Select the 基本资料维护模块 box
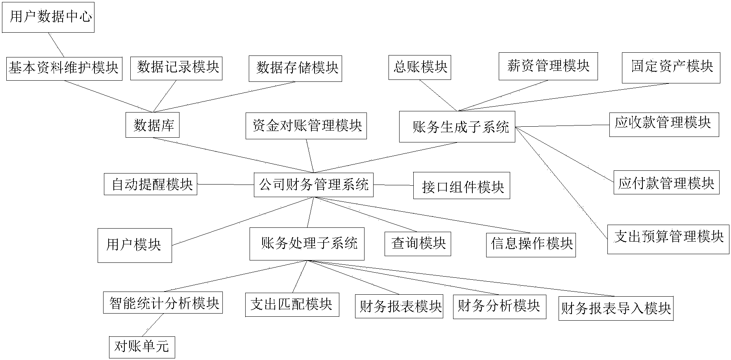[64, 68]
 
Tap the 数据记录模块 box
[176, 68]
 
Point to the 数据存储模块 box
[295, 68]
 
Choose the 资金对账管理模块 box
[306, 126]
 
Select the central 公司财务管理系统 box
[313, 185]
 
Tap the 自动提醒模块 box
[150, 184]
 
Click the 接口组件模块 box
[461, 186]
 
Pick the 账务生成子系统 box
[457, 127]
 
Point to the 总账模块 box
[420, 67]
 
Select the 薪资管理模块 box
[548, 66]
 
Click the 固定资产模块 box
[671, 68]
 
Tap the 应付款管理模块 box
[666, 183]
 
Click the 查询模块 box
[418, 244]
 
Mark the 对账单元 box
[142, 347]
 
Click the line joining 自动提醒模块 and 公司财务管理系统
[226, 185]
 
